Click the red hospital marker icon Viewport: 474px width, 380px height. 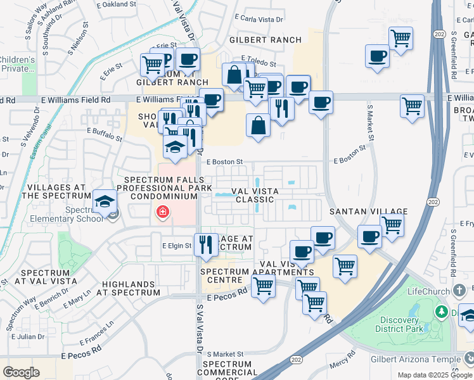click(163, 212)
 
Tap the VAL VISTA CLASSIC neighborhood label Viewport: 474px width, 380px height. click(253, 194)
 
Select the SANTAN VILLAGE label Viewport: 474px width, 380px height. click(368, 211)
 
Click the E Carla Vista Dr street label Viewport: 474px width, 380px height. click(258, 20)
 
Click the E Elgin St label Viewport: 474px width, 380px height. click(176, 246)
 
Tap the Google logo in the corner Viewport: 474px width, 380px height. click(21, 372)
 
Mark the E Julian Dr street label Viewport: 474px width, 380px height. click(25, 336)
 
